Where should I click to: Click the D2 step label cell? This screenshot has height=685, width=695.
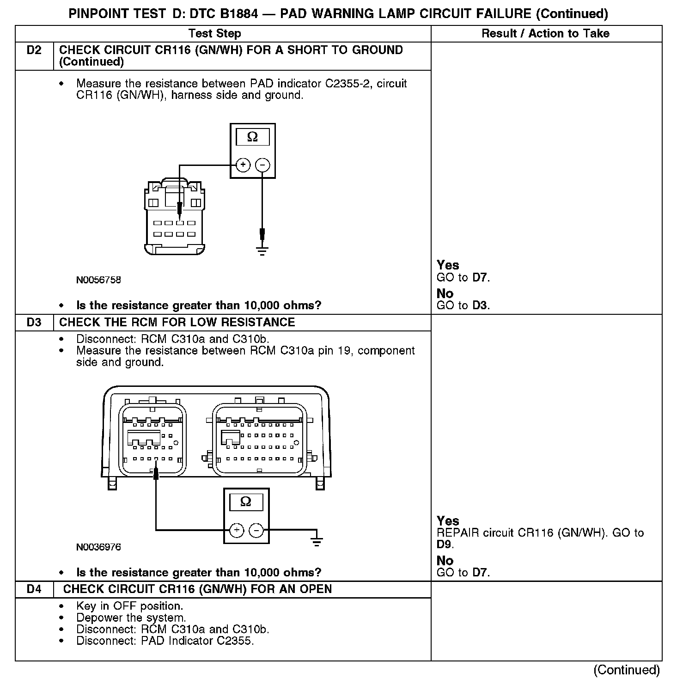[x=34, y=50]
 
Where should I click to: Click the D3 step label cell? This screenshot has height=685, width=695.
[x=34, y=322]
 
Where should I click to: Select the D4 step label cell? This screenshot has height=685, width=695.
[x=34, y=589]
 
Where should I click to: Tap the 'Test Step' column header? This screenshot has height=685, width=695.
[x=214, y=33]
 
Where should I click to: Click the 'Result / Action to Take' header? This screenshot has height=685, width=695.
[x=545, y=33]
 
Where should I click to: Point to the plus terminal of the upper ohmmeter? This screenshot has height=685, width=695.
[x=243, y=165]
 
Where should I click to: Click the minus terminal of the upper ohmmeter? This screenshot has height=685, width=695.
[x=262, y=165]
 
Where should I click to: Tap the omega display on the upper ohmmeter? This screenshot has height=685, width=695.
[x=253, y=137]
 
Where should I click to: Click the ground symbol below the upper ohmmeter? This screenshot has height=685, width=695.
[x=262, y=251]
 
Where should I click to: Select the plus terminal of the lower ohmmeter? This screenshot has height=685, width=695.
[x=237, y=530]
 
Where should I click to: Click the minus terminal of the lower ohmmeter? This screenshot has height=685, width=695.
[x=256, y=530]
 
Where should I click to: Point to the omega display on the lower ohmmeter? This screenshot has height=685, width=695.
[x=246, y=502]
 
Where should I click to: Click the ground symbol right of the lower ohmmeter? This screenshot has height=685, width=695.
[x=317, y=541]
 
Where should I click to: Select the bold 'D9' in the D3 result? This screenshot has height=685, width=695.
[x=445, y=544]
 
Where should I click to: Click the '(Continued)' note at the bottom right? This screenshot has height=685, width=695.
[x=626, y=670]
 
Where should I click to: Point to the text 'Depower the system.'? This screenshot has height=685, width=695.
[x=131, y=618]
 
